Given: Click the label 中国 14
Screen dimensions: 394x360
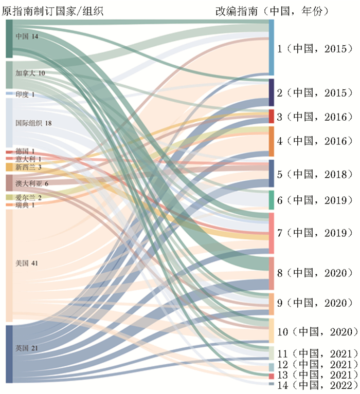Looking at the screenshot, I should (x=27, y=36).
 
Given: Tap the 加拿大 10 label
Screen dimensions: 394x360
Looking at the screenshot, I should (x=30, y=73).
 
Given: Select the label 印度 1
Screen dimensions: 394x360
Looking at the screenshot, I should (x=25, y=95).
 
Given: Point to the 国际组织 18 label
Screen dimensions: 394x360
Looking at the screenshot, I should (x=33, y=123).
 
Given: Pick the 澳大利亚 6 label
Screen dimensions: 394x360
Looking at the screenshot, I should (x=32, y=183).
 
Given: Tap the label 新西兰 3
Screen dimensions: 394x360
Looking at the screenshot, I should (x=28, y=167).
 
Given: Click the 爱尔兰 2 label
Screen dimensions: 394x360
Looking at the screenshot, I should (x=28, y=197).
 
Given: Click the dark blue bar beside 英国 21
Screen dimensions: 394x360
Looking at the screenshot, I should (x=9, y=354).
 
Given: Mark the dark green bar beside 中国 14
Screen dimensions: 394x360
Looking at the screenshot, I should (x=9, y=39).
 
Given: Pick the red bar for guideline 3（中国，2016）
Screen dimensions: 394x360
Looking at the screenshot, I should (x=272, y=116).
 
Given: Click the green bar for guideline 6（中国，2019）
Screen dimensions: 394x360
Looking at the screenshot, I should (x=272, y=200).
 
